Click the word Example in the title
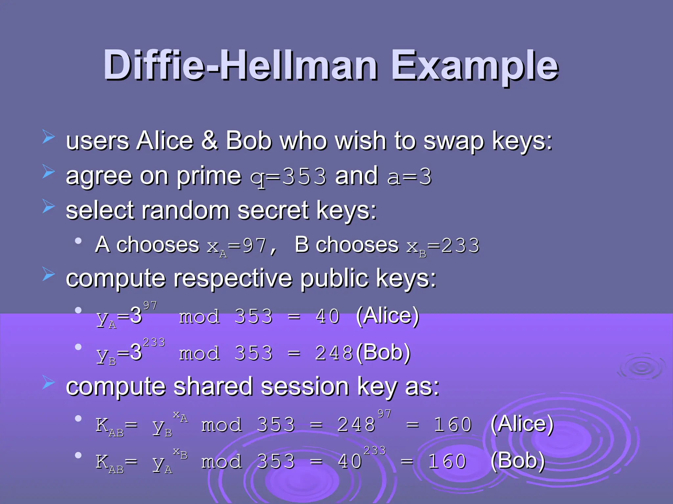coord(475,66)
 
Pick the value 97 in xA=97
coord(254,246)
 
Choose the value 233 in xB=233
coord(460,246)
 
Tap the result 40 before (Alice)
coord(328,317)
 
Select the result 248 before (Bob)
coord(334,353)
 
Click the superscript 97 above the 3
coord(150,305)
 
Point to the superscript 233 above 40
coord(375,451)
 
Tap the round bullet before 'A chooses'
coord(78,241)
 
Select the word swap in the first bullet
coord(454,141)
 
